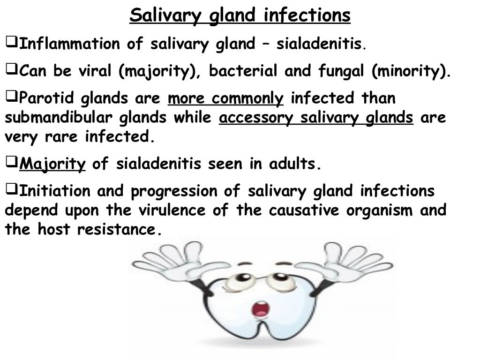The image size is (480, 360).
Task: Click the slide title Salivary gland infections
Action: (240, 15)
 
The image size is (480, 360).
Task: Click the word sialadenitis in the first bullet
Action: (319, 45)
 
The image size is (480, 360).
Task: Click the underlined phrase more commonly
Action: (225, 99)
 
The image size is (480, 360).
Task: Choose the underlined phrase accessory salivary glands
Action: (316, 118)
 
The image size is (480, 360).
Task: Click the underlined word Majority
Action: (53, 165)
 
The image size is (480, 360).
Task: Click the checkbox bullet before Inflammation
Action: (11, 44)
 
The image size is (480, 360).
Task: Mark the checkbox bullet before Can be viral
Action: (11, 71)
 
